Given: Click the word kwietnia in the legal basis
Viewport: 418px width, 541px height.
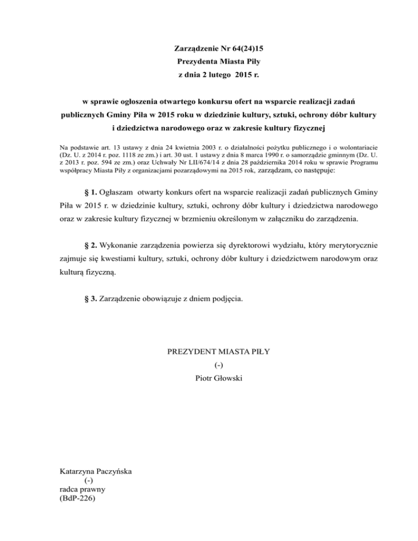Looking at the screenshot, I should click(171, 147).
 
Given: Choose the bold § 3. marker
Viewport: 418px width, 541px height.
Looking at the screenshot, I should click(89, 298).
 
